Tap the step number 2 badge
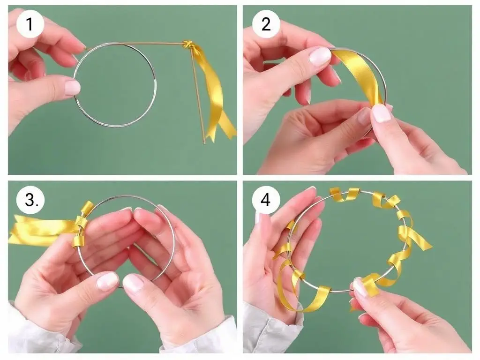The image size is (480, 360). pos(266,24)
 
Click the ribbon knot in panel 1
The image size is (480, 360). pos(188,45)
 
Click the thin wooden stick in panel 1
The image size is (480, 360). pos(197,92)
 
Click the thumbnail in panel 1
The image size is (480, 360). pos(72,87)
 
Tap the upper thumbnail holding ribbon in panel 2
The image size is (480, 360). pos(320,56)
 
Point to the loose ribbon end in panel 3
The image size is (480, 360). pos(40,230)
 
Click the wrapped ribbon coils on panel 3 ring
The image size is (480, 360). pos(81,225)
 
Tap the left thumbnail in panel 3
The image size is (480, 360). pos(107,281)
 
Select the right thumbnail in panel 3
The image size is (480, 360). pos(134,283)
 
